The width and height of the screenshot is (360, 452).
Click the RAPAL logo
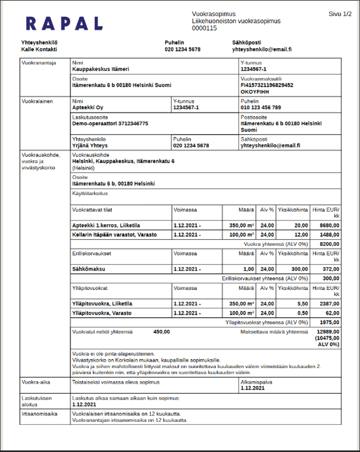point(64,24)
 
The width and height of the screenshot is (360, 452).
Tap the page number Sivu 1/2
point(340,14)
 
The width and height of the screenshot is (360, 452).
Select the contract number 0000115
point(204,28)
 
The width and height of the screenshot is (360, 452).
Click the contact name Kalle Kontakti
point(39,50)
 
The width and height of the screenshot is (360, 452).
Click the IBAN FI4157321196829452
point(267,85)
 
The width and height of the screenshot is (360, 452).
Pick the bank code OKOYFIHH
point(256,92)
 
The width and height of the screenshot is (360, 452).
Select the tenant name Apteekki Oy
point(88,107)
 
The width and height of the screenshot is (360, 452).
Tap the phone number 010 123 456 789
point(260,107)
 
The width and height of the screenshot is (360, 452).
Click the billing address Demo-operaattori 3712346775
point(110,124)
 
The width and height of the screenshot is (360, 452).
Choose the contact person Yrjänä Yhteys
point(90,146)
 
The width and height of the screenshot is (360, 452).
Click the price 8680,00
point(330,225)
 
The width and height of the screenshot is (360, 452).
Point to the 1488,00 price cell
point(330,235)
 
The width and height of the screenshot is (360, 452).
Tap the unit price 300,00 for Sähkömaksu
point(300,268)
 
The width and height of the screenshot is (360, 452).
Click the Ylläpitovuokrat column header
point(90,288)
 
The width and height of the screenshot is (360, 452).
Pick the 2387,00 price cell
point(330,304)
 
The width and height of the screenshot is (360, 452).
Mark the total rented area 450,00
point(161,332)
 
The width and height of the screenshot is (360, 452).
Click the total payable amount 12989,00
point(329,332)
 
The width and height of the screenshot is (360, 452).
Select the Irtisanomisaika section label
point(36,414)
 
